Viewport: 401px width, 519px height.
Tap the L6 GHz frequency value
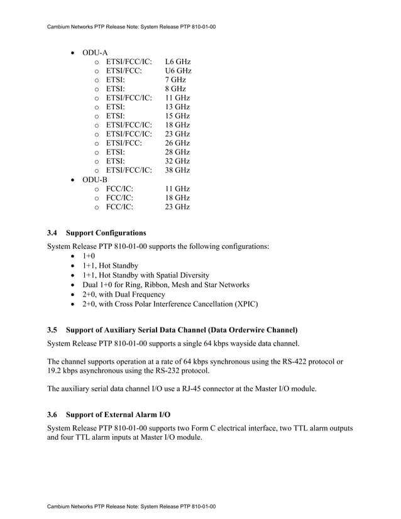coord(178,62)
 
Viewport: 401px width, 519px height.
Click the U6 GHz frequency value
coord(178,71)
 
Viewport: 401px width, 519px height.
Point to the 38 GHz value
coord(177,170)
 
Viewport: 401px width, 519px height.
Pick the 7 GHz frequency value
coord(175,80)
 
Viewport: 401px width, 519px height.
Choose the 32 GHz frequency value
coord(177,161)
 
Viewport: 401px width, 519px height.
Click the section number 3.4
coord(53,233)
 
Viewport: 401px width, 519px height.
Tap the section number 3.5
coord(53,330)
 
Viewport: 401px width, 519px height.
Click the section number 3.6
coord(53,415)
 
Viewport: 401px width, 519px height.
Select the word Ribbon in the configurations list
coord(161,285)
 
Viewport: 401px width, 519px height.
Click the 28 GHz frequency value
coord(177,152)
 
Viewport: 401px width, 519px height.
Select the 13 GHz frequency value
coord(177,107)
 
